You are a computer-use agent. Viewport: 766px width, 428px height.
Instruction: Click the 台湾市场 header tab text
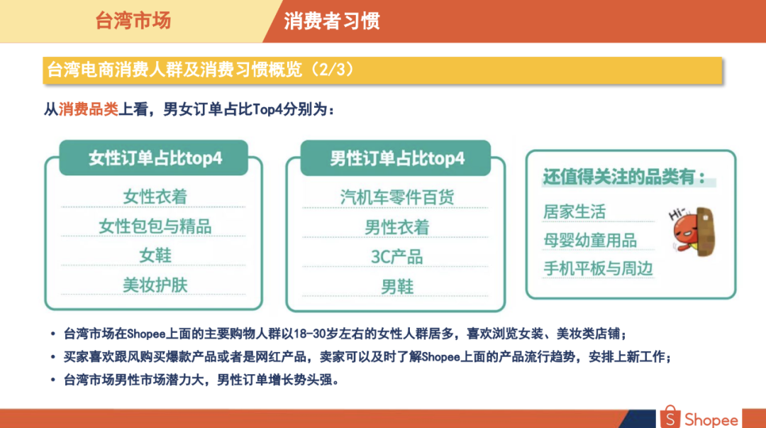pos(133,21)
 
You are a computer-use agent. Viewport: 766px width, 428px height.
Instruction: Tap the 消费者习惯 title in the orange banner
pos(331,21)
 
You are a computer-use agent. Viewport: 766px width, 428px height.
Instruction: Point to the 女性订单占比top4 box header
pos(155,158)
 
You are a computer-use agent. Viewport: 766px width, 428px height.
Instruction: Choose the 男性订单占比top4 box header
pos(397,158)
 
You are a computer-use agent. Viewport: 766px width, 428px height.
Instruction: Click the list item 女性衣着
pos(155,197)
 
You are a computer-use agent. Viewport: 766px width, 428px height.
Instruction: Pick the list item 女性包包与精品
pos(155,226)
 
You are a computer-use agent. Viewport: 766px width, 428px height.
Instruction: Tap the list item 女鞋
pos(155,256)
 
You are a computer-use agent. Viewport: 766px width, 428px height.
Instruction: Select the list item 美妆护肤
pos(155,285)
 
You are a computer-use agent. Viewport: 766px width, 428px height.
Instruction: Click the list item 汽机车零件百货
pos(397,197)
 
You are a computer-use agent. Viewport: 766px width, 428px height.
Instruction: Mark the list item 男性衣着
pos(397,227)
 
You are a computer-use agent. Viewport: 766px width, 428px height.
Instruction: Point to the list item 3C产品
pos(397,257)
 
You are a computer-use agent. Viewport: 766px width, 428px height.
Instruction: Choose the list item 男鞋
pos(397,287)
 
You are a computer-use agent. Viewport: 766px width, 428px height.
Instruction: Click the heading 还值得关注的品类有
pos(624,177)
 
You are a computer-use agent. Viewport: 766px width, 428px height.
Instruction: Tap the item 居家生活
pos(574,212)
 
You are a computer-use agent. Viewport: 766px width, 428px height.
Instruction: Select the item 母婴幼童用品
pos(590,240)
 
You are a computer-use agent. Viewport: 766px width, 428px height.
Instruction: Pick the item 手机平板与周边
pos(598,268)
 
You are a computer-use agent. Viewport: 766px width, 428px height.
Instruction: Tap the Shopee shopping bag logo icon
pos(670,417)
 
